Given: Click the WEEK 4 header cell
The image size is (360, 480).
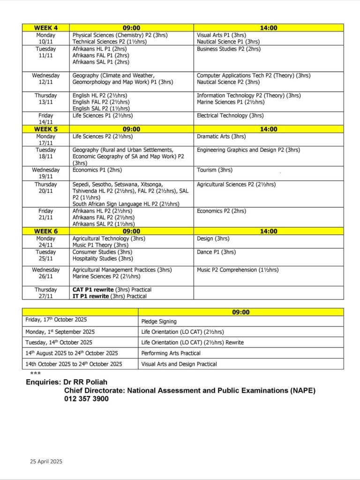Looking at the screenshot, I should coord(46,28).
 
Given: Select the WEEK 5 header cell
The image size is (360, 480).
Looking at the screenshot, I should coord(45,129).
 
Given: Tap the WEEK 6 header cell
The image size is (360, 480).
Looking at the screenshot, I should coord(45,231).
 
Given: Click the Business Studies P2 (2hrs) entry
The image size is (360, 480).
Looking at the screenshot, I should coord(229,49).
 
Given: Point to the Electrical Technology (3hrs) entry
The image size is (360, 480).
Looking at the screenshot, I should coord(230,116).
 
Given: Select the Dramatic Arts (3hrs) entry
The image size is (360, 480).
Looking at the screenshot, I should coord(221,136).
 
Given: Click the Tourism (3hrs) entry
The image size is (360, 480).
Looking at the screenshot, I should coord(215,170).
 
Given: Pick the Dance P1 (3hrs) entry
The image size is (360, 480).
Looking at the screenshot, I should coord(216,252).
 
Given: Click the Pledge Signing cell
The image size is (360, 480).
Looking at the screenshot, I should coord(159,322).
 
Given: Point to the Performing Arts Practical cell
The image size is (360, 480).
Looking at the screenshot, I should coord(171,353).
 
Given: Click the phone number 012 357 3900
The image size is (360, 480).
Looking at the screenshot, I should coord(87,399).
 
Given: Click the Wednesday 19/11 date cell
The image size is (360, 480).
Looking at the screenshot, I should coord(46,173).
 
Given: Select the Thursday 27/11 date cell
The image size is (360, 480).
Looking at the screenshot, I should coord(46,293).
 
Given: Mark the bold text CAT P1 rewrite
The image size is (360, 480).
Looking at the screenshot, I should coord(93,290).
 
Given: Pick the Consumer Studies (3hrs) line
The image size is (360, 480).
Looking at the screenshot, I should coord(102,252).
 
